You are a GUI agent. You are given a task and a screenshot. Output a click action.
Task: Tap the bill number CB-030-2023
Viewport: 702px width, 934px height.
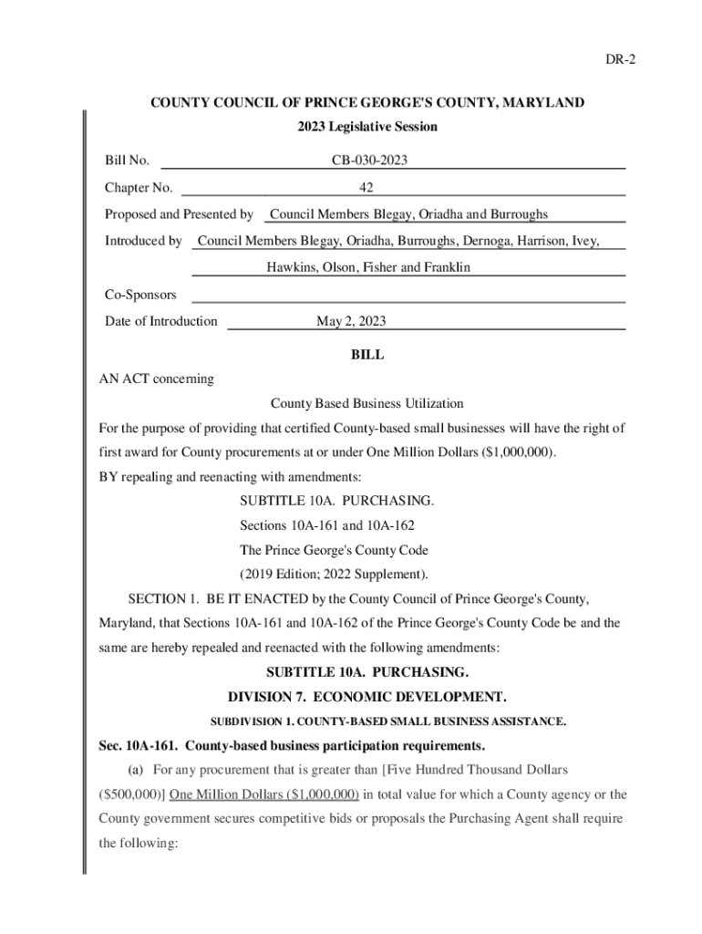click(369, 161)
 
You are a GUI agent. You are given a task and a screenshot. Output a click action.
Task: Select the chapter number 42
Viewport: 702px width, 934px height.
click(366, 188)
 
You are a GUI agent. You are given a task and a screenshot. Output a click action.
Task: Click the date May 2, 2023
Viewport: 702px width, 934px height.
click(351, 321)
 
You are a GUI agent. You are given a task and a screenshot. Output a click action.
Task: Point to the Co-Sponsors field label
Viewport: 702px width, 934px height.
click(140, 295)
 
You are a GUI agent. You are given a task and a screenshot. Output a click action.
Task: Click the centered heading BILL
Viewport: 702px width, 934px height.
click(367, 355)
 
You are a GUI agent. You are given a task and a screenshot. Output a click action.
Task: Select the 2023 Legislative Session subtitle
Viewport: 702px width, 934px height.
click(367, 127)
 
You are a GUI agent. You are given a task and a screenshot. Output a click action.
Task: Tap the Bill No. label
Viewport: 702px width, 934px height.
click(127, 161)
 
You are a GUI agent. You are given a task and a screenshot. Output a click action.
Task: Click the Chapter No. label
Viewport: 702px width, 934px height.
click(139, 188)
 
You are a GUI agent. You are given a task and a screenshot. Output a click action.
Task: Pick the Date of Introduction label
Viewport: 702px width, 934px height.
click(161, 321)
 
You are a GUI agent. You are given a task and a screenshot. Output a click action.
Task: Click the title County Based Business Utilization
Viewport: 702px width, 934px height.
click(367, 403)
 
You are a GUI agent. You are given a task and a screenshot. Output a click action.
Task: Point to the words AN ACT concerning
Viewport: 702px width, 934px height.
click(156, 379)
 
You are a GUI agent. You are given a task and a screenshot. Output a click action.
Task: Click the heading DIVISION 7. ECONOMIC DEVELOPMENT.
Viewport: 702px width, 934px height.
click(367, 697)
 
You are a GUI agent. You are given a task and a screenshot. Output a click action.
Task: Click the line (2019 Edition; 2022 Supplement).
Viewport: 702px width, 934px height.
click(334, 575)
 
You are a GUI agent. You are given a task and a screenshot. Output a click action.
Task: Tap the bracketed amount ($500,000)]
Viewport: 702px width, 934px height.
click(132, 794)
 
